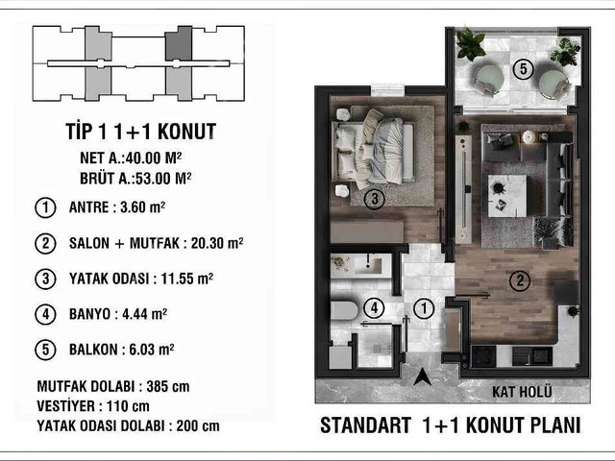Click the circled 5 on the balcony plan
tap(523, 69)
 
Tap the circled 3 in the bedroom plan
tap(374, 199)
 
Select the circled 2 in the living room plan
tap(520, 280)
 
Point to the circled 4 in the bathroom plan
tap(374, 308)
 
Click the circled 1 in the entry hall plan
tap(424, 308)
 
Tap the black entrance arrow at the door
tap(423, 377)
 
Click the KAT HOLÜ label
tap(522, 391)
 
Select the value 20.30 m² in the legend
tap(217, 243)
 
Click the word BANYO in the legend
tap(89, 314)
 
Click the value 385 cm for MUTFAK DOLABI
tap(168, 386)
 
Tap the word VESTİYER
tap(66, 406)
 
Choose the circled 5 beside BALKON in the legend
tap(45, 350)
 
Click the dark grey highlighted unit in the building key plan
tap(179, 43)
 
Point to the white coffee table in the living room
tap(507, 196)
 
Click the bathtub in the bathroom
tap(344, 311)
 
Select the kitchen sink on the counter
tap(532, 356)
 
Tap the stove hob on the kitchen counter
tap(483, 356)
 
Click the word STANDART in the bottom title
tap(365, 425)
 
